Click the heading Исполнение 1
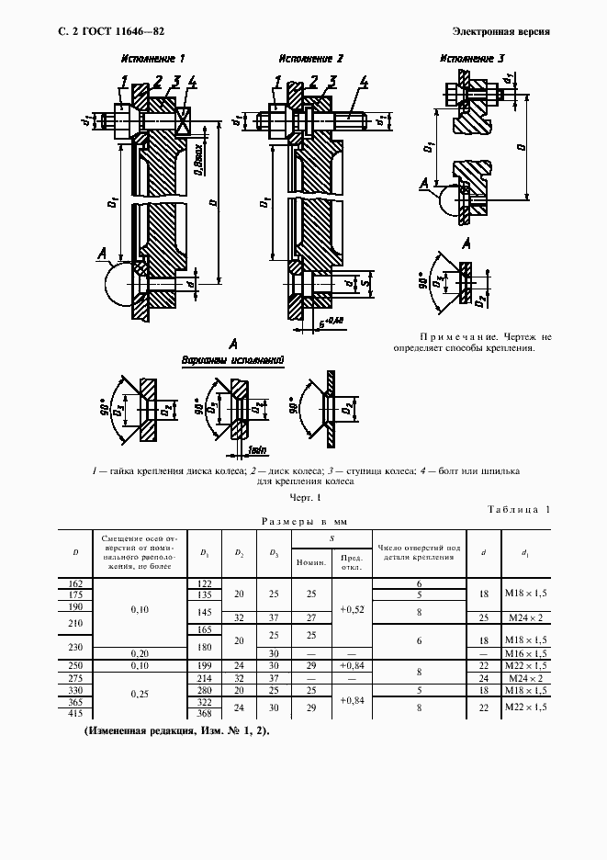point(154,59)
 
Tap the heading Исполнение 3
point(471,59)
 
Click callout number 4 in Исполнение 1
point(192,83)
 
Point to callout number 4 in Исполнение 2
point(365,83)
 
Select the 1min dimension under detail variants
point(256,449)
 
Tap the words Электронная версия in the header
point(502,31)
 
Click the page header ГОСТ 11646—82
point(118,31)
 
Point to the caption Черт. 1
point(304,497)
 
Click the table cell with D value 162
point(75,583)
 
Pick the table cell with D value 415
point(75,715)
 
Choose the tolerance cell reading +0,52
point(352,609)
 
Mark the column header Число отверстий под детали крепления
point(419,551)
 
